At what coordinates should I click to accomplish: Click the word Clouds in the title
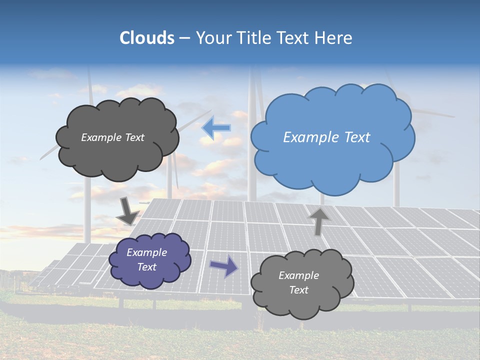pos(147,38)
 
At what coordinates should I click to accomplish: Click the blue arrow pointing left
pos(216,128)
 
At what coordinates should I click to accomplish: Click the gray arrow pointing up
pos(318,220)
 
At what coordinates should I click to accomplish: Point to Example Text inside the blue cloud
pos(326,137)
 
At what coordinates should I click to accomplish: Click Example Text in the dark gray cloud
pos(112,137)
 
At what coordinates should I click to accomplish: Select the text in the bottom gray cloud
pos(298,282)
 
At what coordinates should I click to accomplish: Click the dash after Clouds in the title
pos(184,38)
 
